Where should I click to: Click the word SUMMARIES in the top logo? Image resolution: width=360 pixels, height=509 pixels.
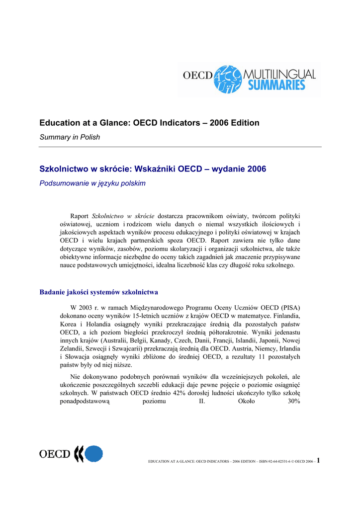(276, 85)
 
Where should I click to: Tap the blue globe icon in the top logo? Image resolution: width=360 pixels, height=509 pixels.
(227, 79)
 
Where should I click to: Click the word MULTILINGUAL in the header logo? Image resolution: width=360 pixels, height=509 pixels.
(280, 74)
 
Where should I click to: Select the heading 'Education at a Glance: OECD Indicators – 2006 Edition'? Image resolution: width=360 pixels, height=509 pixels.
(149, 123)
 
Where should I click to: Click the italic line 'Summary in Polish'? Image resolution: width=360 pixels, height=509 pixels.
(70, 137)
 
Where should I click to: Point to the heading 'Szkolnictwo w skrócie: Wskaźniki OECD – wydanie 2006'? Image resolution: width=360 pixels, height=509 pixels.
(153, 169)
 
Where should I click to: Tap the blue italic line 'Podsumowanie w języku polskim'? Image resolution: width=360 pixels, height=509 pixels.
(92, 183)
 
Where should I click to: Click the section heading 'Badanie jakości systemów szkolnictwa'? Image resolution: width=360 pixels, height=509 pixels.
(99, 292)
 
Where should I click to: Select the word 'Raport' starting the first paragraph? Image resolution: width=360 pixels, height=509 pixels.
(80, 216)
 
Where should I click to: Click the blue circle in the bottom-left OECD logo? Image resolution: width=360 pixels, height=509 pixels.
(93, 454)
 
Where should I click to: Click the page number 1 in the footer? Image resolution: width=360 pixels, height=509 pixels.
(318, 460)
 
